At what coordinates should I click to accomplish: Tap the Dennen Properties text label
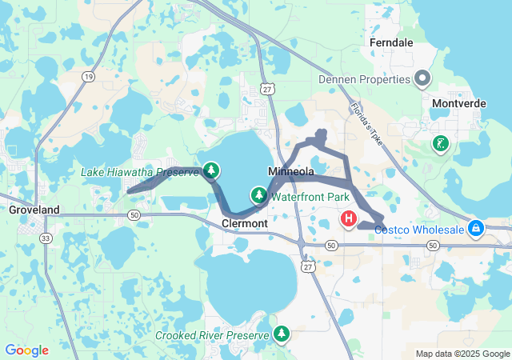tap(365, 79)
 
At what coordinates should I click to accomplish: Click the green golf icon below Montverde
tap(440, 145)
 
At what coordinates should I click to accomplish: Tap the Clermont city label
tap(244, 224)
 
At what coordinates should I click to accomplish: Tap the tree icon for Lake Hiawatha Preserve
tap(210, 170)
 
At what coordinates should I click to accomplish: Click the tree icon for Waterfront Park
tap(259, 194)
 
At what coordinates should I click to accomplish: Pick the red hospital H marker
tap(349, 218)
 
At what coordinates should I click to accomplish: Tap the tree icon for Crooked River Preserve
tap(281, 333)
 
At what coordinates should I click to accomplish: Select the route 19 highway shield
tap(87, 77)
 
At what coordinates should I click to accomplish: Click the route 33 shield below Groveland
tap(46, 238)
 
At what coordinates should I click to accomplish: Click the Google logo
tap(26, 350)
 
